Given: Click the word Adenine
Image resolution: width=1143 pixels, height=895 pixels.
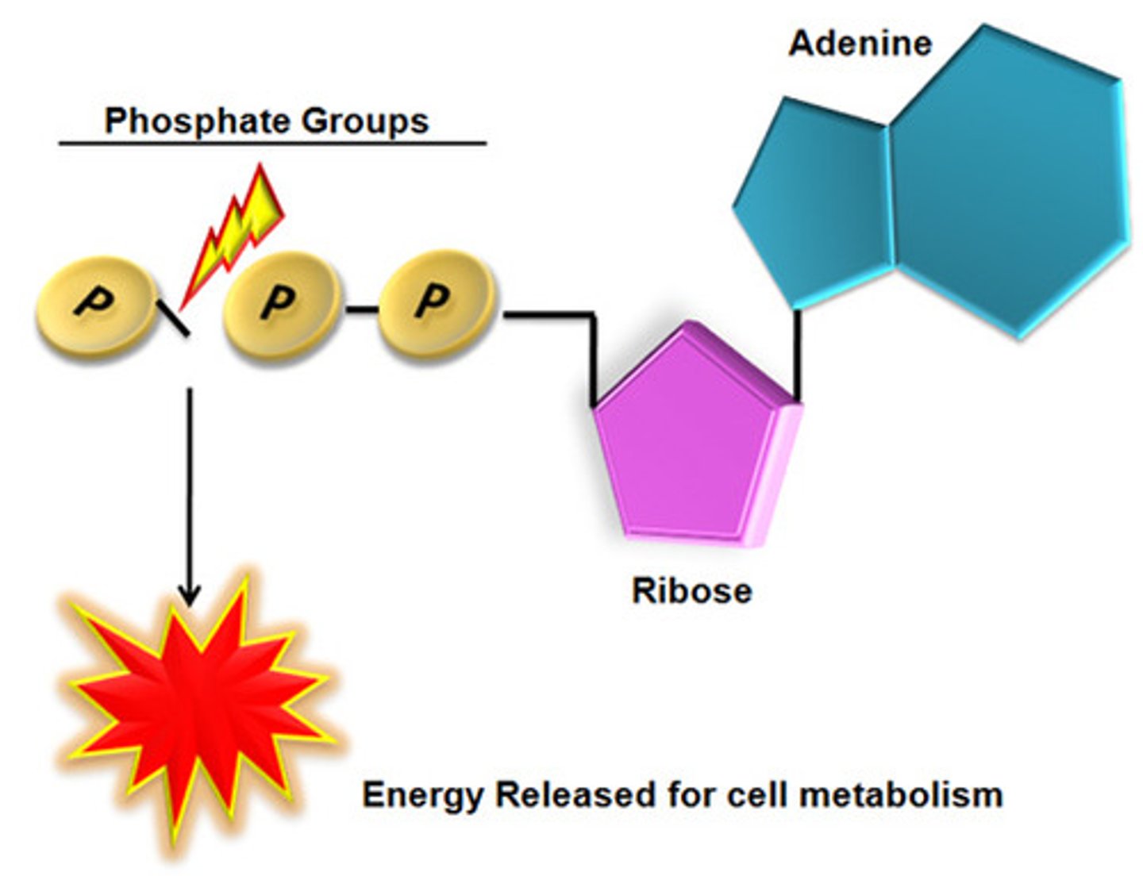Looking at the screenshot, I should [x=860, y=43].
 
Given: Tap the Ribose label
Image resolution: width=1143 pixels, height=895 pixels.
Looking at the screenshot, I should [x=691, y=591].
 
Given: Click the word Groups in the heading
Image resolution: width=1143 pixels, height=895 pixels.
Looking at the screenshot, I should [x=364, y=121].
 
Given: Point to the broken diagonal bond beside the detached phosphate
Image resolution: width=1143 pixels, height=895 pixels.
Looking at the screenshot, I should [x=174, y=319].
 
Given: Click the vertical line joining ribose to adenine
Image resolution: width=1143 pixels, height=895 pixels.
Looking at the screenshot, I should [x=798, y=353].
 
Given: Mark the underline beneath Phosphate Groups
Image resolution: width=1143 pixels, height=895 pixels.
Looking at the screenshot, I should [x=272, y=144].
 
